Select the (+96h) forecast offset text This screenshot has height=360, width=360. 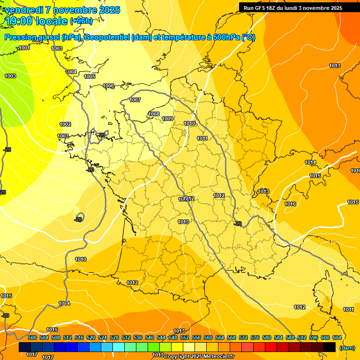tap(81, 21)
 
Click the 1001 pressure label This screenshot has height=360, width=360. tap(24, 48)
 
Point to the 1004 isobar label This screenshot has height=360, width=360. tap(71, 72)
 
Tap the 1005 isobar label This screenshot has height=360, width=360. tap(90, 76)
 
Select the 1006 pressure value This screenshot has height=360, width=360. tap(109, 86)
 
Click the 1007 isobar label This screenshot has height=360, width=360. tap(135, 100)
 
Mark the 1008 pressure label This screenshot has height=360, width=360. tap(154, 114)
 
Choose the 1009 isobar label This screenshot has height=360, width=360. tap(168, 119)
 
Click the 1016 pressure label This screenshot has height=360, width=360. tap(290, 204)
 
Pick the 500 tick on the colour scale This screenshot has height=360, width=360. tap(32, 337)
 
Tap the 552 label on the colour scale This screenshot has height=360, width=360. tap(185, 337)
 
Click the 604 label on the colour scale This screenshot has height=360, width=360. tap(337, 337)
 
